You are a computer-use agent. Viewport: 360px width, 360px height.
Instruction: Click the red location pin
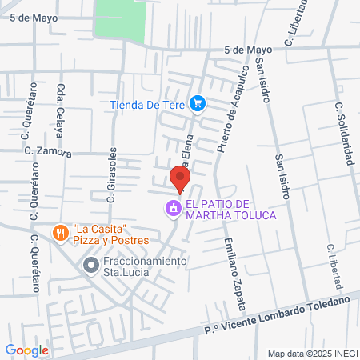179,178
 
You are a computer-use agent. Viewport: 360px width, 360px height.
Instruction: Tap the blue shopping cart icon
198,103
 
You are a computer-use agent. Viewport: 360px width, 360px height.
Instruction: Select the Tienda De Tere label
147,103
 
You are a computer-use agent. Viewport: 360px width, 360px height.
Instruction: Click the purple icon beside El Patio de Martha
171,210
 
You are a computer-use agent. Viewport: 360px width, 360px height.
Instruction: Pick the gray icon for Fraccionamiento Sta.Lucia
91,264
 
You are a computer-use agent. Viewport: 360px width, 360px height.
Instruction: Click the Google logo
26,350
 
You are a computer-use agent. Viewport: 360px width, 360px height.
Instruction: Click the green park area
120,20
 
